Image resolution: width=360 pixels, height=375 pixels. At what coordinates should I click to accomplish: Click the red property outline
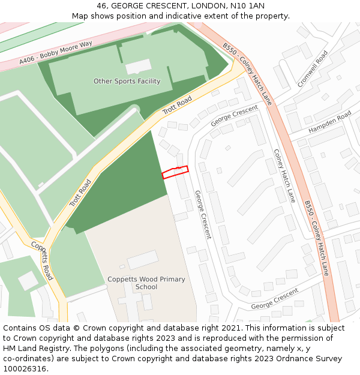175,172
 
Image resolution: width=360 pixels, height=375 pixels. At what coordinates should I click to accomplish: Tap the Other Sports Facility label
127,81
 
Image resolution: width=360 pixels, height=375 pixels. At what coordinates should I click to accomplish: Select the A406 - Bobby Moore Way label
56,53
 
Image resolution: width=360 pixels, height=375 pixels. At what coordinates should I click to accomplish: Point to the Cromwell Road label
313,68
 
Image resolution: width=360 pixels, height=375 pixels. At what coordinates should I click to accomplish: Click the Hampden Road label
329,122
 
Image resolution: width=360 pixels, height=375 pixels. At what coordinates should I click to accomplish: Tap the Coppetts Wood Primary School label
146,283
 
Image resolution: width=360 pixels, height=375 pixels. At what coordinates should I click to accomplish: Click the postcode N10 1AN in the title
248,6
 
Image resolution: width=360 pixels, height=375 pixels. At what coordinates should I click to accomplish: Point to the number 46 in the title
102,6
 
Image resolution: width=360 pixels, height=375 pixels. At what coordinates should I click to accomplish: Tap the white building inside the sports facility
139,66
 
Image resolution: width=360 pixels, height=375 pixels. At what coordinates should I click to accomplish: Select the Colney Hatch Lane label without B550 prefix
284,175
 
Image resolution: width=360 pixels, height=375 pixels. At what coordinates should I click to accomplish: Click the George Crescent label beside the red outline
203,214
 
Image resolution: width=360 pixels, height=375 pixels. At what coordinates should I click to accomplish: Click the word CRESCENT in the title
163,6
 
